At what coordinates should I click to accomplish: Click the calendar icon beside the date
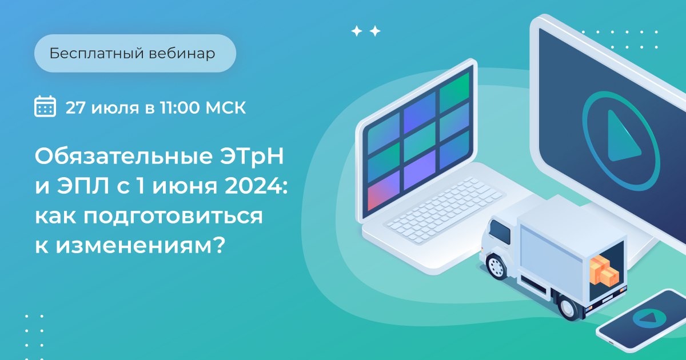[x=45, y=106]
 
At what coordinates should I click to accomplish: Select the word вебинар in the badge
[x=182, y=54]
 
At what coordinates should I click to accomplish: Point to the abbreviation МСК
[x=226, y=107]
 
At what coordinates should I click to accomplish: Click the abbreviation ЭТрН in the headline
[x=252, y=157]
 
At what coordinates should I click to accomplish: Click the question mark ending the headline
[x=220, y=246]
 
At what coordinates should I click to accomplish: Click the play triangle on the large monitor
[x=623, y=137]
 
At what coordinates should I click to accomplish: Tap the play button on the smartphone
[x=649, y=318]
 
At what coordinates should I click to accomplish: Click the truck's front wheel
[x=496, y=266]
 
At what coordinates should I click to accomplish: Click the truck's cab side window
[x=500, y=233]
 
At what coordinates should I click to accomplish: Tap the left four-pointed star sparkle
[x=357, y=31]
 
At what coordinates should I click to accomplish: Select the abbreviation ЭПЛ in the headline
[x=82, y=186]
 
